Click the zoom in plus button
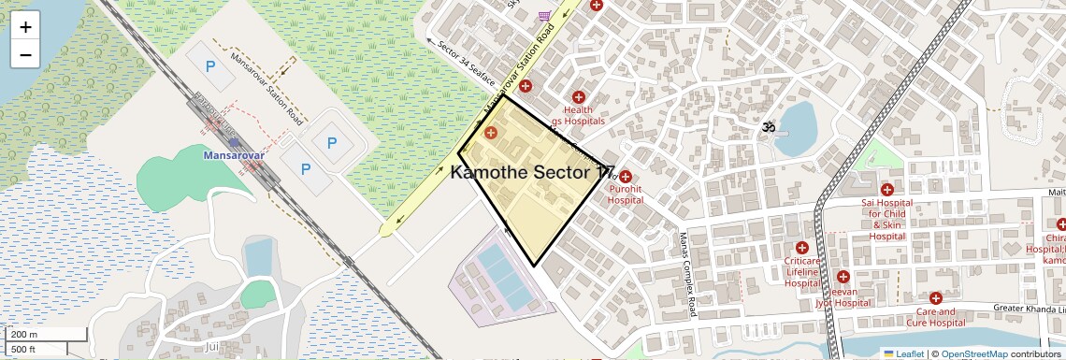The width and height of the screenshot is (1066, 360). (25, 27)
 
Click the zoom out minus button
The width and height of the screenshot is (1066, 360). (25, 54)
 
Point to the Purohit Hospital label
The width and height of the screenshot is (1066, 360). (625, 194)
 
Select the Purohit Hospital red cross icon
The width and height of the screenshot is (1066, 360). (626, 177)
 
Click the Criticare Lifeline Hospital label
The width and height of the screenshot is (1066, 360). (802, 271)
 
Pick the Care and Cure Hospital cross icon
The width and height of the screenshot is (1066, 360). (935, 298)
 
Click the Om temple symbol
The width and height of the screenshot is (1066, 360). (769, 125)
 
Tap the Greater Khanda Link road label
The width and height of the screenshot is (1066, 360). (1028, 309)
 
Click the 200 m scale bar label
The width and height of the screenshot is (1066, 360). (24, 334)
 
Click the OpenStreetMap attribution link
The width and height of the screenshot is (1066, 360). (973, 353)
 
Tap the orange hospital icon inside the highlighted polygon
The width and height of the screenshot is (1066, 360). (491, 134)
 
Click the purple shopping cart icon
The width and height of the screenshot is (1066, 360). (544, 16)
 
